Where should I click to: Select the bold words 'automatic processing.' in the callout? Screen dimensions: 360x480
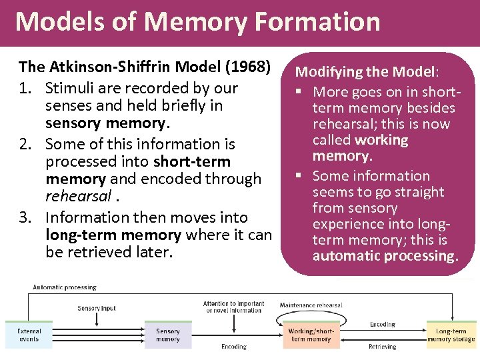click(x=385, y=256)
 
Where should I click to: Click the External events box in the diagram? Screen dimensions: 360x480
click(x=29, y=335)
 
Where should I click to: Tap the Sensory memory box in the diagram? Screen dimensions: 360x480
click(x=168, y=335)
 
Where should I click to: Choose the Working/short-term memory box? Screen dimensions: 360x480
click(x=310, y=335)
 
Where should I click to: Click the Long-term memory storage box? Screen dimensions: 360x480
click(x=451, y=335)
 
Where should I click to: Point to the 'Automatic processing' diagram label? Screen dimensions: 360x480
click(x=65, y=287)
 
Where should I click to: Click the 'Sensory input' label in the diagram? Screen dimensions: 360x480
click(x=97, y=308)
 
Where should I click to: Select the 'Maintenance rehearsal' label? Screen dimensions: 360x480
click(x=311, y=305)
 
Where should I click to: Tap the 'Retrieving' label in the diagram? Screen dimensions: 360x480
click(x=383, y=347)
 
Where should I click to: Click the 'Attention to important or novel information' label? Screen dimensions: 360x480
click(x=234, y=307)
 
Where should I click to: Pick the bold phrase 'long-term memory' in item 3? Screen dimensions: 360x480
click(x=113, y=235)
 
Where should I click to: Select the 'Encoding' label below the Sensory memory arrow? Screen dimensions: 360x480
click(x=234, y=347)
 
